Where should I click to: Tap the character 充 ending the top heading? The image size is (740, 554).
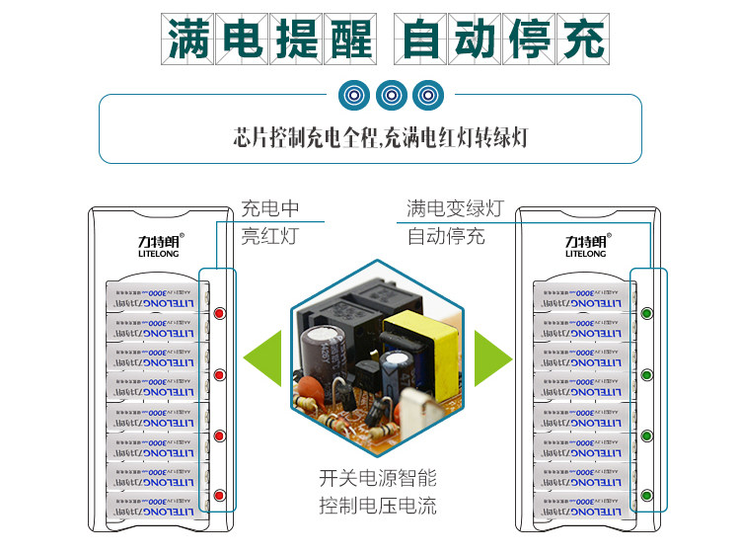point(581,39)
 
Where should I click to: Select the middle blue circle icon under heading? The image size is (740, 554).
point(391,95)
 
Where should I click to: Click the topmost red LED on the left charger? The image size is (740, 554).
point(220,314)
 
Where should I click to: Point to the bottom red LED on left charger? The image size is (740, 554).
point(220,495)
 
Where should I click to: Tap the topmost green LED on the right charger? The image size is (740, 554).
point(647,314)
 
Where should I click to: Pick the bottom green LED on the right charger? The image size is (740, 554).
point(647,495)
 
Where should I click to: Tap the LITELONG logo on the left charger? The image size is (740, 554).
point(149,245)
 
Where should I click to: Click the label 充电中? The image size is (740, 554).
point(269,209)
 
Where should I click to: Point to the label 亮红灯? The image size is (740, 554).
point(268,237)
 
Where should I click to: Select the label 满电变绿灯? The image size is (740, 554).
point(455,209)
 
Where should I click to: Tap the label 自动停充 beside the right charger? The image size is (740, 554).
point(446,237)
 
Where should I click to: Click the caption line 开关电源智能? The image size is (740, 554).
point(378,480)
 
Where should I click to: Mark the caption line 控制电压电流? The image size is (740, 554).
point(378,508)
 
